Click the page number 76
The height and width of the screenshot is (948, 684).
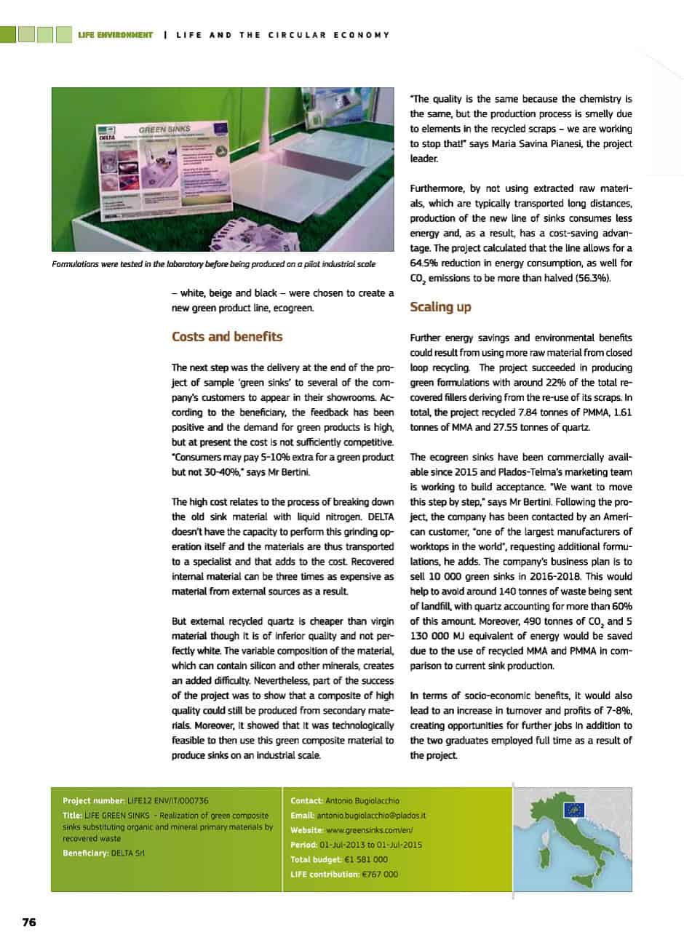coord(28,922)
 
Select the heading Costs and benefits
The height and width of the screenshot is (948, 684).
coord(227,337)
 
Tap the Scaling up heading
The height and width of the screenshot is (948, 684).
coord(440,307)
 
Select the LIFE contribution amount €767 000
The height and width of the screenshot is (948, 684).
coord(380,874)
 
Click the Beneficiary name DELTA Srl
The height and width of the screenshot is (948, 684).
coord(128,852)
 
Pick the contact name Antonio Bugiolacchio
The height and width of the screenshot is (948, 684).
coord(362,801)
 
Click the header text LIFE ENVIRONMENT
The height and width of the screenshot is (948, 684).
coord(115,34)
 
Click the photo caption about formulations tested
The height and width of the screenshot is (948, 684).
coord(213,264)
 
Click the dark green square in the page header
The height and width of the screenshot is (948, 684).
coord(8,34)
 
